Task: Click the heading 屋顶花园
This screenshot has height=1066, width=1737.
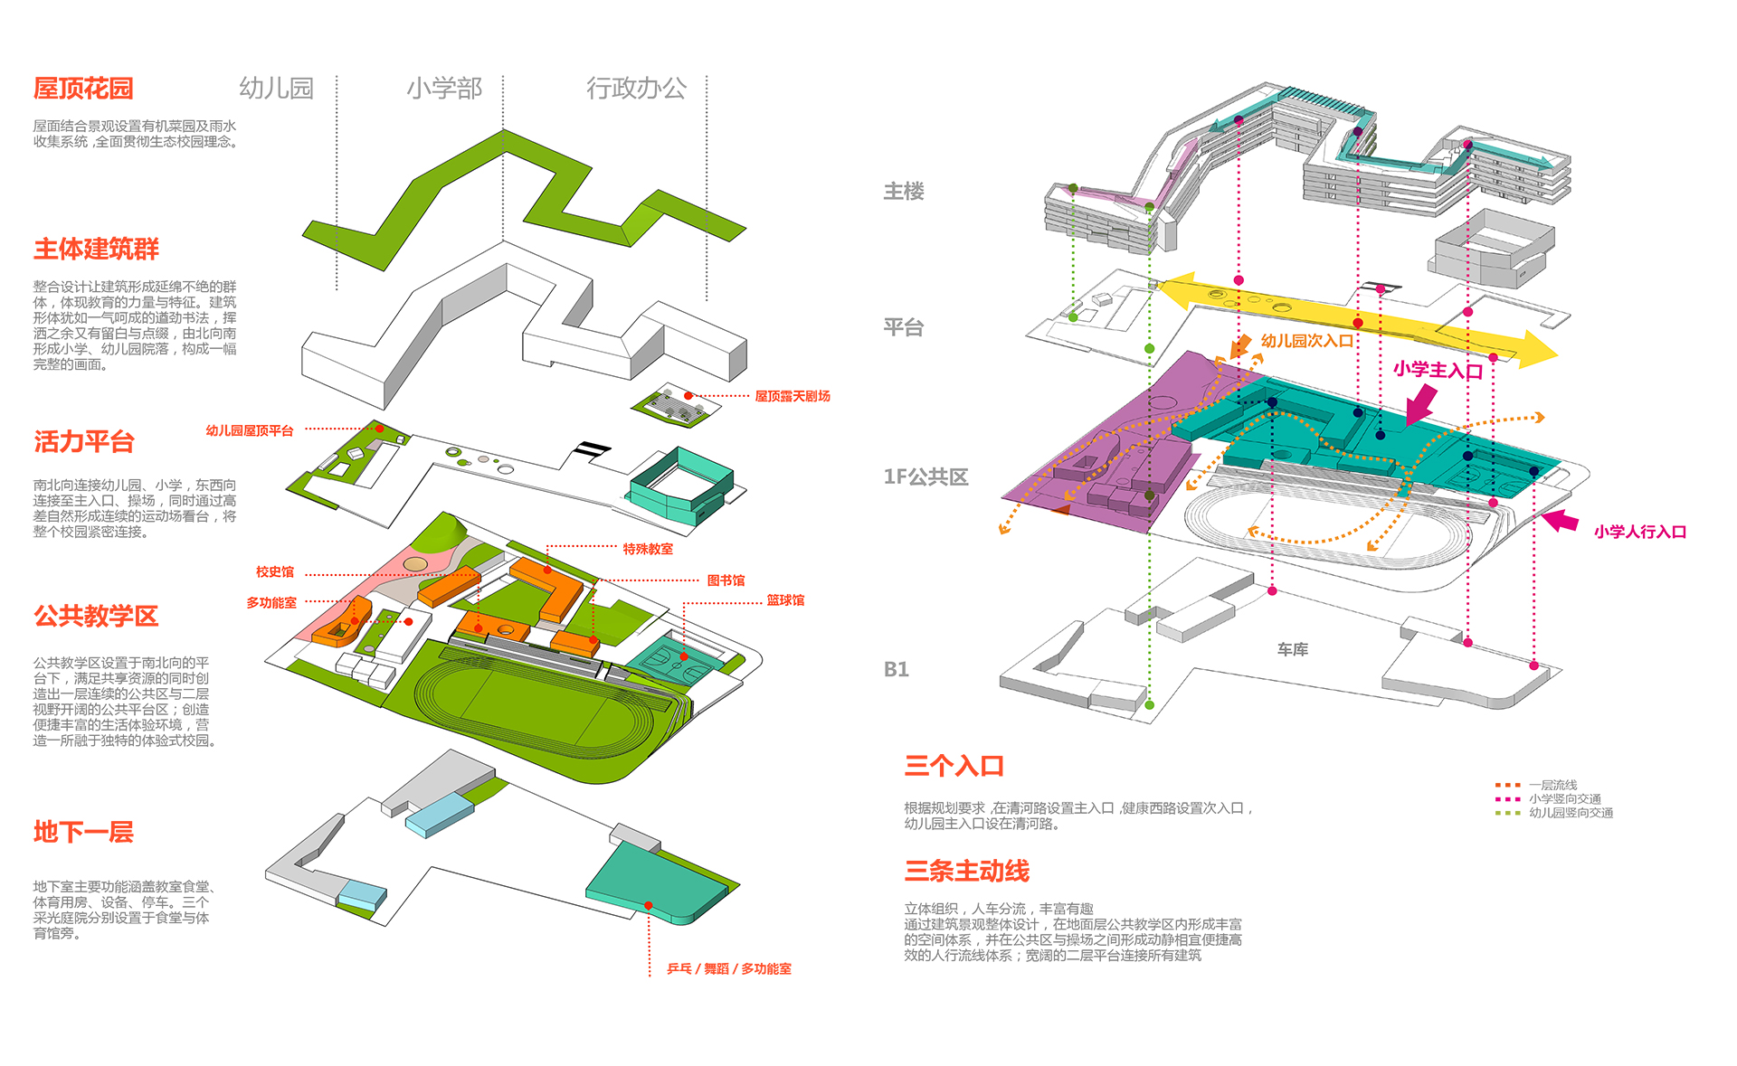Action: pyautogui.click(x=83, y=89)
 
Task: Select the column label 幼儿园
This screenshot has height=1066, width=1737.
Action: pyautogui.click(x=276, y=88)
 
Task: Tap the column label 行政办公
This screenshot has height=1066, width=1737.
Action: pyautogui.click(x=636, y=88)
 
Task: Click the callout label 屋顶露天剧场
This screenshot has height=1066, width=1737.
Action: pyautogui.click(x=792, y=396)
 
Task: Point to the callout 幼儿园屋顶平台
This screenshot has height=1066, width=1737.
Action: pyautogui.click(x=249, y=430)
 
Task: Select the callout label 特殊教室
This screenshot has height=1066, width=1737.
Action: pyautogui.click(x=647, y=549)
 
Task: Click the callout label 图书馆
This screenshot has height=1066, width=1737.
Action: pyautogui.click(x=726, y=580)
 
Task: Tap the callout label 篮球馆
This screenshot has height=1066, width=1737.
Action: pyautogui.click(x=785, y=600)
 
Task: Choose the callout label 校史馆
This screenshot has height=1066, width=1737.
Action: pyautogui.click(x=274, y=572)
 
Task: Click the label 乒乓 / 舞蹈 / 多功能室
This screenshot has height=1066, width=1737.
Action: pyautogui.click(x=728, y=968)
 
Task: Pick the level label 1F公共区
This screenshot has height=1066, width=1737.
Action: pyautogui.click(x=925, y=476)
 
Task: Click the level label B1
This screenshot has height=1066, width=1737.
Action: pyautogui.click(x=896, y=669)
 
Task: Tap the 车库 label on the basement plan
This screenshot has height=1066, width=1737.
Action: pyautogui.click(x=1292, y=649)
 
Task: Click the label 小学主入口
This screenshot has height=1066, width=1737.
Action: pyautogui.click(x=1438, y=370)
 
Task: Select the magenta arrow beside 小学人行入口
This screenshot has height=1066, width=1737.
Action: pyautogui.click(x=1561, y=521)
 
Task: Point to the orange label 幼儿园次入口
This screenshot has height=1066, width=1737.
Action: pyautogui.click(x=1306, y=341)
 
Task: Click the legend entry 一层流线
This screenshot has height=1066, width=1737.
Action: pyautogui.click(x=1552, y=785)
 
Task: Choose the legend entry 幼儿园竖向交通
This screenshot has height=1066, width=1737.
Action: pyautogui.click(x=1571, y=813)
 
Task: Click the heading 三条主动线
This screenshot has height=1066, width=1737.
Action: pyautogui.click(x=966, y=871)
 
